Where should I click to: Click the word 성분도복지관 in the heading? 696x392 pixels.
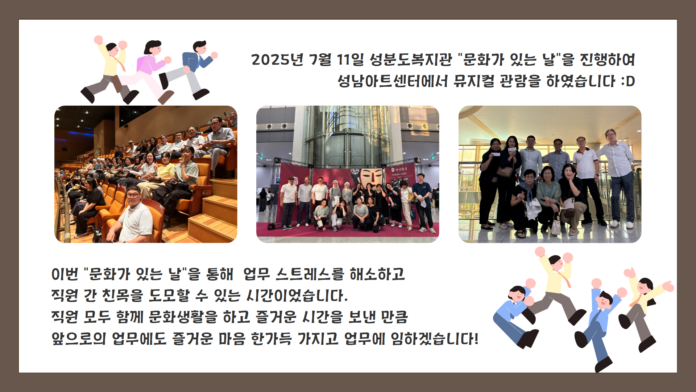(x=411, y=60)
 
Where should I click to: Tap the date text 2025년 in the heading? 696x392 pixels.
(x=277, y=60)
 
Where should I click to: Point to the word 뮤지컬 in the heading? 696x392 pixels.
(x=474, y=81)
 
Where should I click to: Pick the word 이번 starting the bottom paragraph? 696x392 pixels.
(x=65, y=274)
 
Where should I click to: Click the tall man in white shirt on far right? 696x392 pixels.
(x=618, y=178)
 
